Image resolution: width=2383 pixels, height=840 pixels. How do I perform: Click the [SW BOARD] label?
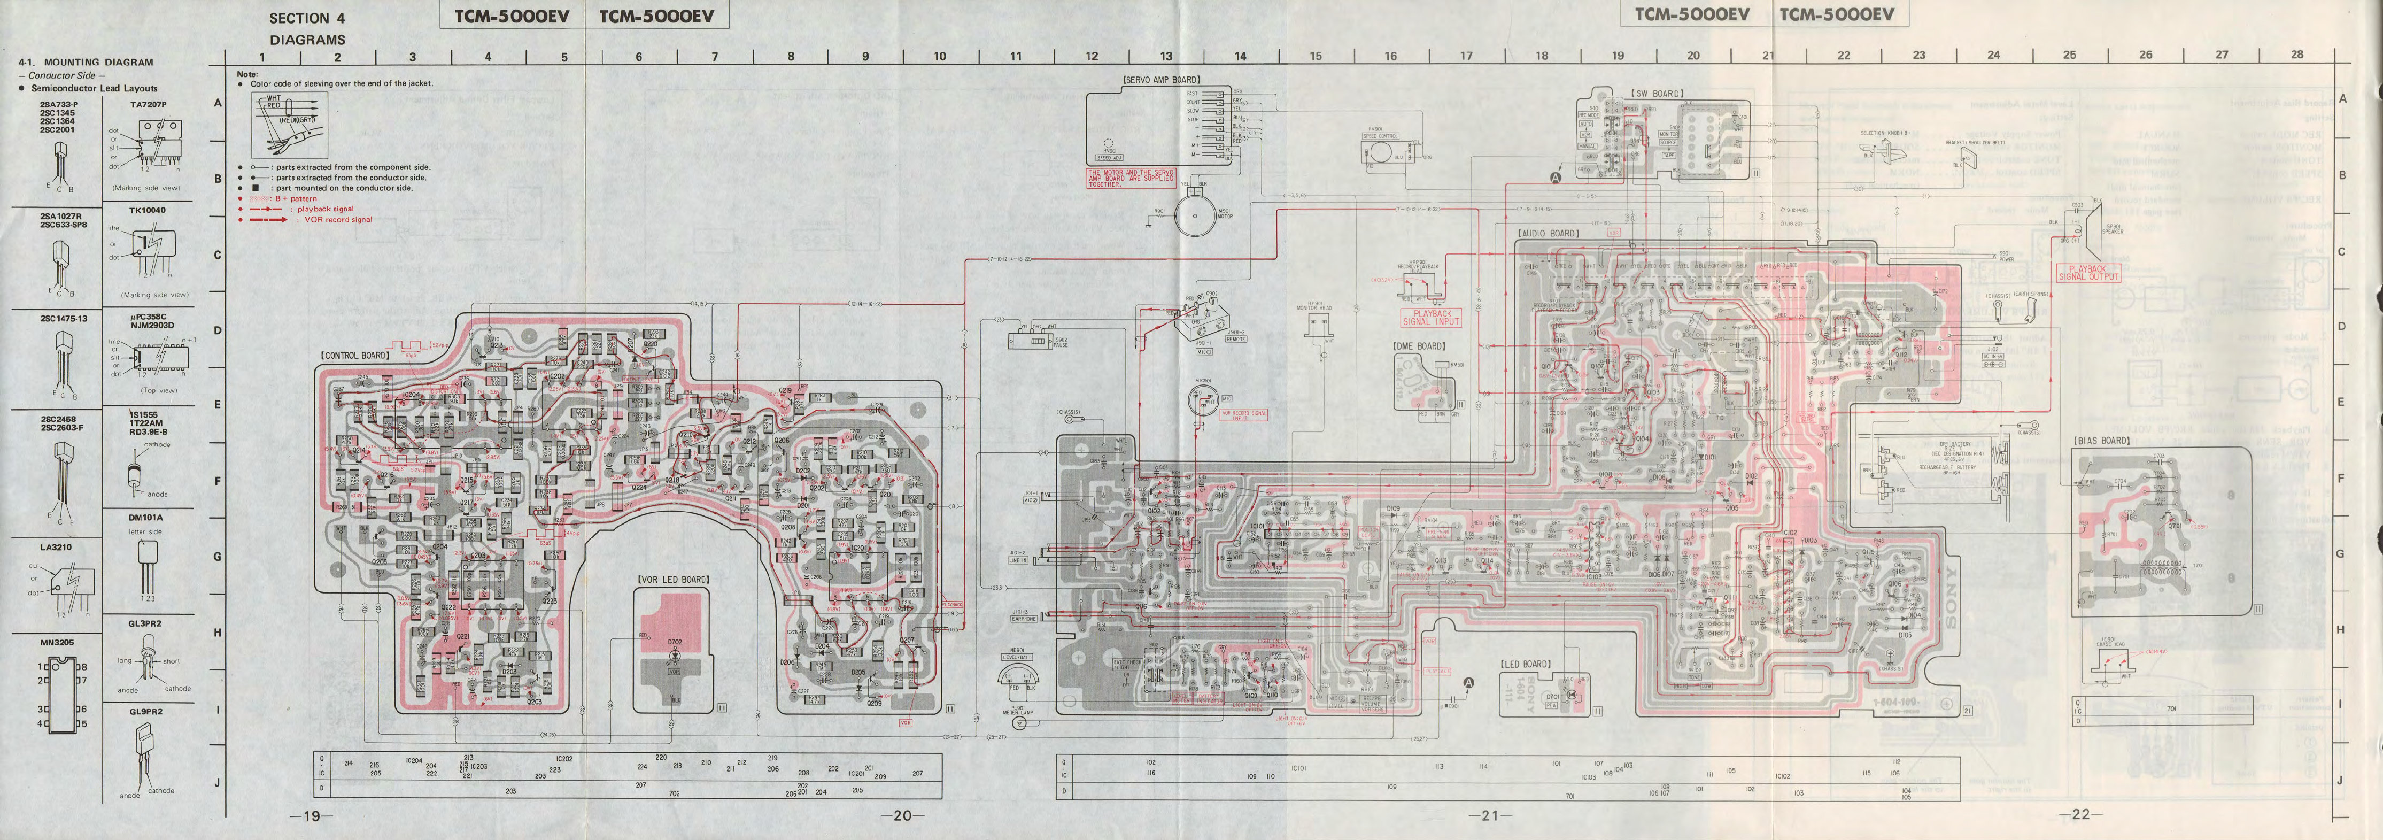(x=1657, y=94)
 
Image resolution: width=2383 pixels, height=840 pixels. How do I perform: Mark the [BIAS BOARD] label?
(x=2102, y=441)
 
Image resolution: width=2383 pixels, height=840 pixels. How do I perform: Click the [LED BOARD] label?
(x=1525, y=664)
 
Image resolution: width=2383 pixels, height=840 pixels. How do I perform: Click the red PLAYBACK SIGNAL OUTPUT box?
(x=2088, y=273)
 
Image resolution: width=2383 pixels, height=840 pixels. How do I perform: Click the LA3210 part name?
(x=56, y=547)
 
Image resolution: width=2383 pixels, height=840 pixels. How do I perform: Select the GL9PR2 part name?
(x=145, y=712)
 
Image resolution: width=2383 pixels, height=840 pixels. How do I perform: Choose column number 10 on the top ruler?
(x=939, y=57)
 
